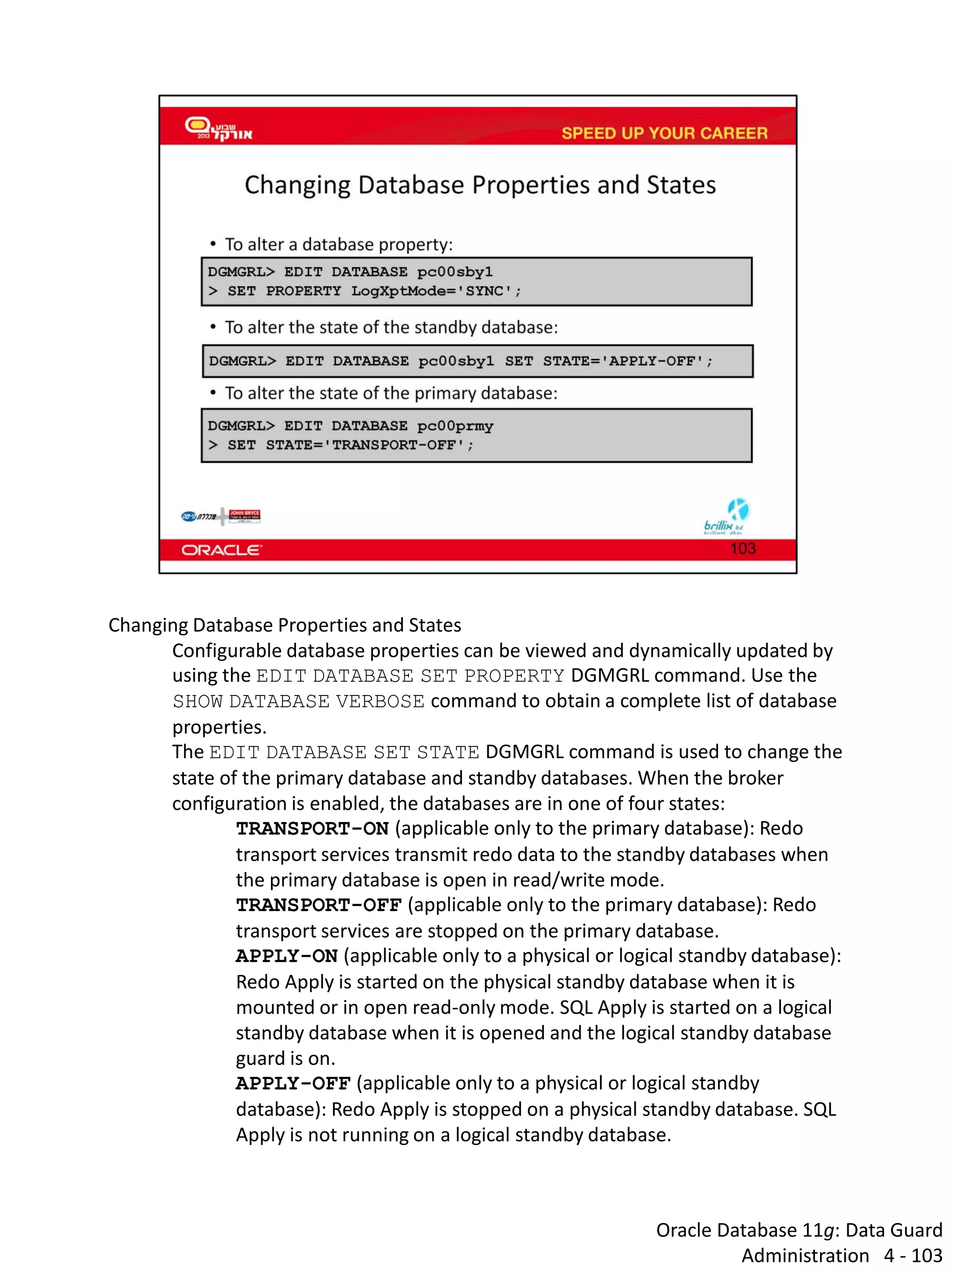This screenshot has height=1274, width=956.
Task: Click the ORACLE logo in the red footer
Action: [221, 550]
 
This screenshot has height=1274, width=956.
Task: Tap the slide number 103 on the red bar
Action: [742, 548]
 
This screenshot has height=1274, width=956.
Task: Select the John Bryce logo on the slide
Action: [244, 516]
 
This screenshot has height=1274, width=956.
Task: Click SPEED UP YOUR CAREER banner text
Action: [664, 133]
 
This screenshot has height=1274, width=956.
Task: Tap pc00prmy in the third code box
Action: [455, 426]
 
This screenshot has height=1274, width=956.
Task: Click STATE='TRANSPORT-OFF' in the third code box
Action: [369, 445]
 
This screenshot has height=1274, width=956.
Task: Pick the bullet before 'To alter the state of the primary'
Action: [213, 393]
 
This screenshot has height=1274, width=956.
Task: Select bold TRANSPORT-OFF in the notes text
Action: [318, 905]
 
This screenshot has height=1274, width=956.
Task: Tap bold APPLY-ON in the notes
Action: [287, 956]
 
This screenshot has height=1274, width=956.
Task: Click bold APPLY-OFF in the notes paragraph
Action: [293, 1083]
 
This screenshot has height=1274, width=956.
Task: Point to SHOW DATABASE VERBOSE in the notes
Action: [298, 702]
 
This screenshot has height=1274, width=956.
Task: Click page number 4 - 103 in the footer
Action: [913, 1255]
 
